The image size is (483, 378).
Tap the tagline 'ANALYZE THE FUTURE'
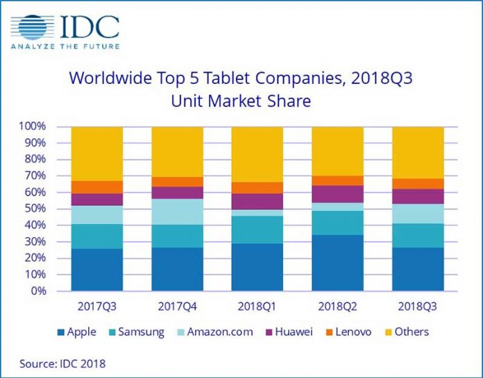click(x=65, y=46)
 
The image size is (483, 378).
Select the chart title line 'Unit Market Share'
click(x=241, y=101)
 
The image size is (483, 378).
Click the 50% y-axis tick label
click(x=34, y=209)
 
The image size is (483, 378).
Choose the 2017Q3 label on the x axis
click(x=97, y=306)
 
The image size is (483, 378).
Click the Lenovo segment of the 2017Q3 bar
click(x=97, y=187)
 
